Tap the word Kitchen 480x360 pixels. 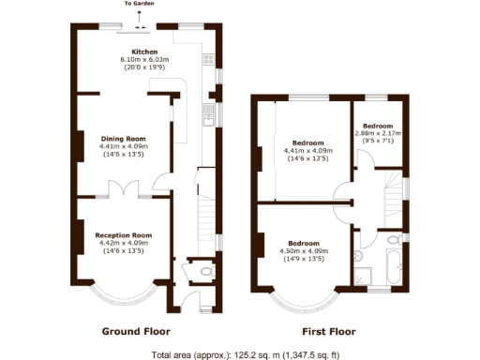(x=143, y=52)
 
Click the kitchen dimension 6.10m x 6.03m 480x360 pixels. (x=143, y=60)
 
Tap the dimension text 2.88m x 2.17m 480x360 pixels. (x=378, y=134)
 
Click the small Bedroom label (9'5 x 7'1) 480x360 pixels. (x=378, y=126)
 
